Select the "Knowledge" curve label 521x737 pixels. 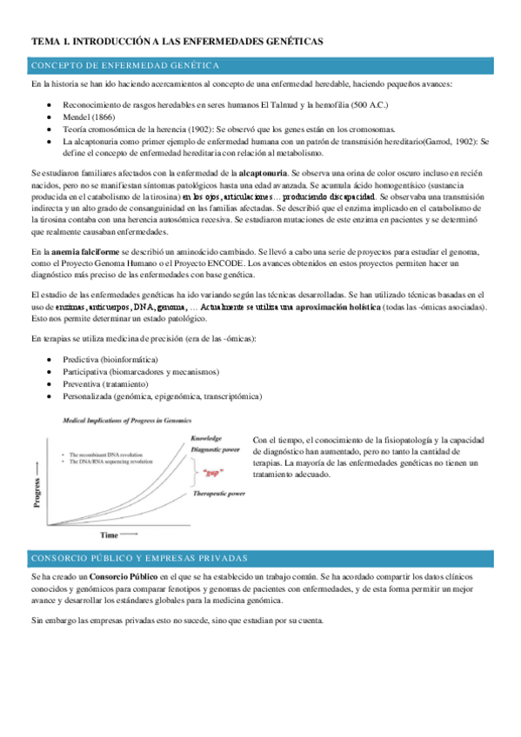click(x=211, y=439)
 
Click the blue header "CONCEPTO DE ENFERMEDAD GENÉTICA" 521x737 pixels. click(x=125, y=65)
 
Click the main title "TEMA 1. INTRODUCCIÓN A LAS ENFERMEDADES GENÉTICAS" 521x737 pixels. click(x=177, y=41)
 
